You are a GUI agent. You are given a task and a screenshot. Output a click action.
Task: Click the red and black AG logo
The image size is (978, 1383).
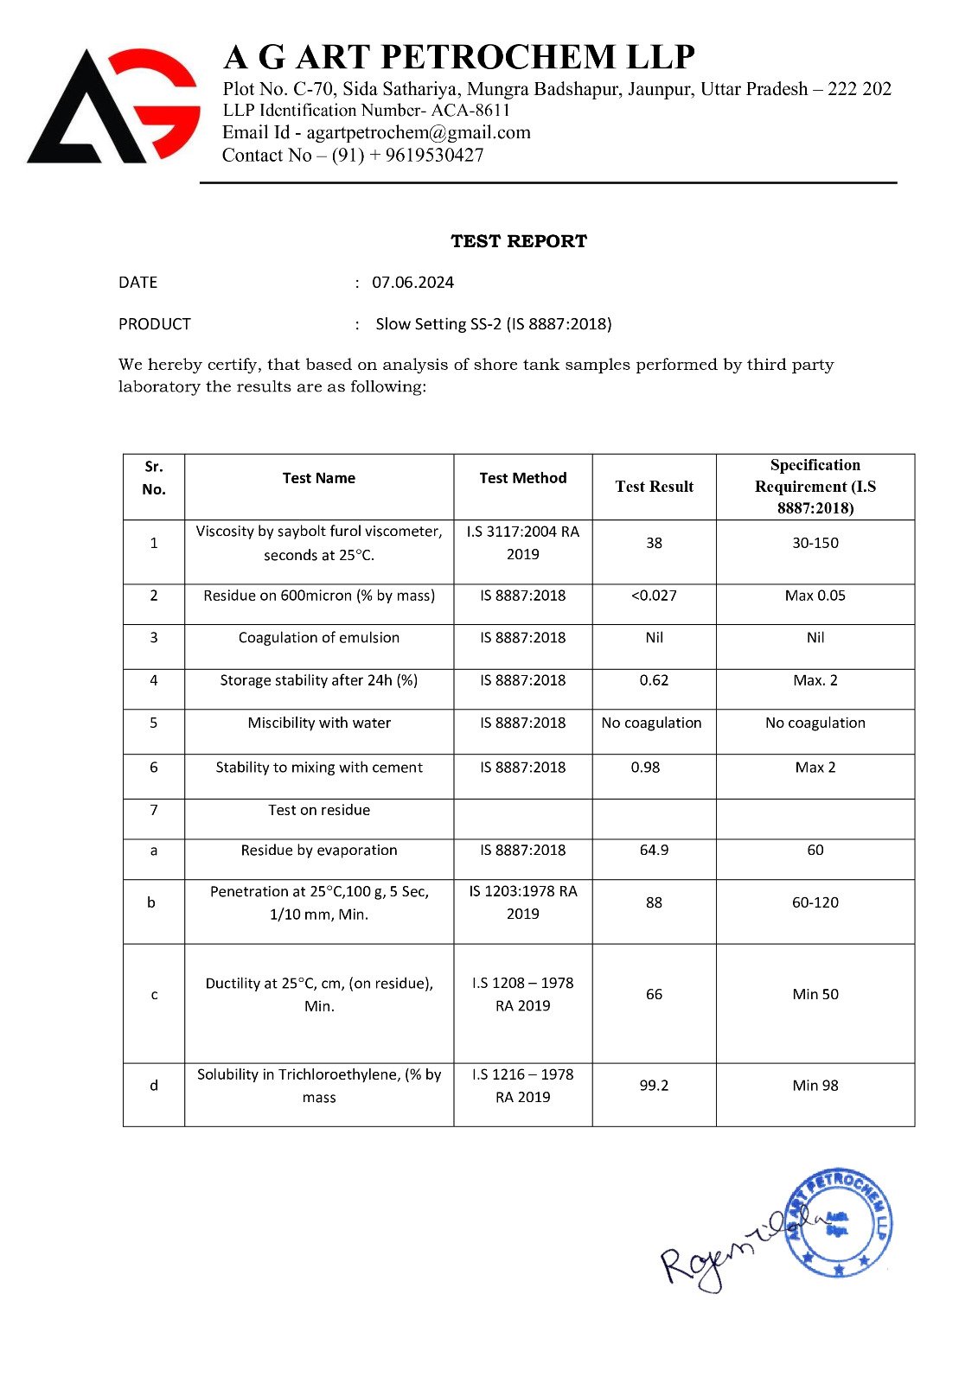click(114, 106)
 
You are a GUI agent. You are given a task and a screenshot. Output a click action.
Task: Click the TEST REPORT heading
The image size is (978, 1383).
click(519, 241)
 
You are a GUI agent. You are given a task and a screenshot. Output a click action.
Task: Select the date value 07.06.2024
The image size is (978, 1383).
click(412, 283)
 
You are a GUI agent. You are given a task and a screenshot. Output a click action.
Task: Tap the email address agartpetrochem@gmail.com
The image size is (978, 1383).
click(419, 132)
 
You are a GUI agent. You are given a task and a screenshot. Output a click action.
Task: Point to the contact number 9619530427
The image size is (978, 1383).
click(434, 156)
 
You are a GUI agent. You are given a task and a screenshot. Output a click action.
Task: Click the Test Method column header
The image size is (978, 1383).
click(523, 478)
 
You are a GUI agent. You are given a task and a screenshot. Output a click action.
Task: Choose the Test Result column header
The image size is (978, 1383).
click(654, 487)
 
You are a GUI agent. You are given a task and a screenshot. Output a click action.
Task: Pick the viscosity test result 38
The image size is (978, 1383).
click(654, 543)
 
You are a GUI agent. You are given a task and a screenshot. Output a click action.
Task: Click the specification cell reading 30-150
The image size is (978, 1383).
click(815, 543)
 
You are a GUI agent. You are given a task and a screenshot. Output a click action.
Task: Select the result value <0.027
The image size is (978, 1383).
click(654, 596)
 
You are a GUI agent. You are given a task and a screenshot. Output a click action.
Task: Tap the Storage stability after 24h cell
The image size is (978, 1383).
click(319, 680)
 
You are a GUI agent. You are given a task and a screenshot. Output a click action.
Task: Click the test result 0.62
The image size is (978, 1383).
click(654, 680)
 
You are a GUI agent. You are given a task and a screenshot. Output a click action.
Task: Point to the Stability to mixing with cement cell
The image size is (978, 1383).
click(319, 767)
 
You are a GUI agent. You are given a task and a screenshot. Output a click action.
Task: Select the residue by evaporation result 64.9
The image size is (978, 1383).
click(654, 851)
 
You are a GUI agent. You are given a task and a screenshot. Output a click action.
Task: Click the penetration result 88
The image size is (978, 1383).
click(654, 902)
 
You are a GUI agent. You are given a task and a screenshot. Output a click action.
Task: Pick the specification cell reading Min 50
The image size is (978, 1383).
click(815, 994)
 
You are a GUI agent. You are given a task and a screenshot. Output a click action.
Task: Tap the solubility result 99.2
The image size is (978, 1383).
click(654, 1086)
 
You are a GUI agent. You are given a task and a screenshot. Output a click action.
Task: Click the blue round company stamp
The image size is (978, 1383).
click(838, 1223)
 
